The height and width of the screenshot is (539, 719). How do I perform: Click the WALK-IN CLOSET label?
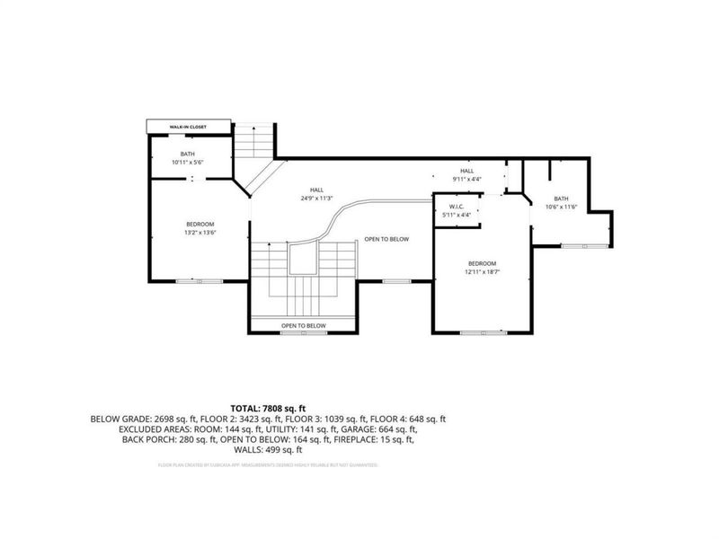tap(188, 128)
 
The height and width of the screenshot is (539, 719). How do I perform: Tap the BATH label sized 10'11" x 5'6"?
tap(188, 158)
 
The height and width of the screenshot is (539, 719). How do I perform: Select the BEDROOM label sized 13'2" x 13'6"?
tap(200, 228)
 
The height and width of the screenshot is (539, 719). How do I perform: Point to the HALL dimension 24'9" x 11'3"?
tap(317, 198)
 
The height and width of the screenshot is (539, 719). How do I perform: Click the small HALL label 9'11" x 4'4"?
tap(467, 175)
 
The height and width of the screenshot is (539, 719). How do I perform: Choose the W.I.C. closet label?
tap(457, 211)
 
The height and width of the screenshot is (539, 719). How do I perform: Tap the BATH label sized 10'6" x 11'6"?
tap(561, 203)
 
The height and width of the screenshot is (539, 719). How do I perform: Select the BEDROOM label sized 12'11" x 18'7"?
tap(482, 268)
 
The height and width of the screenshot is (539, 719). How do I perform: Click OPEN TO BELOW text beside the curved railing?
tap(386, 240)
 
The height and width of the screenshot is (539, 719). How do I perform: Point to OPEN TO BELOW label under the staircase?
tap(303, 325)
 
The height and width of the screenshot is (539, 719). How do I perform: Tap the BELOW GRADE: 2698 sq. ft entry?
tap(138, 419)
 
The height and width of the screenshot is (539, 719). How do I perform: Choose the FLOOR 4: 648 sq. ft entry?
tap(415, 419)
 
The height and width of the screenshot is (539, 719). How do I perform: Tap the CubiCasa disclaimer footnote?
tap(269, 465)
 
